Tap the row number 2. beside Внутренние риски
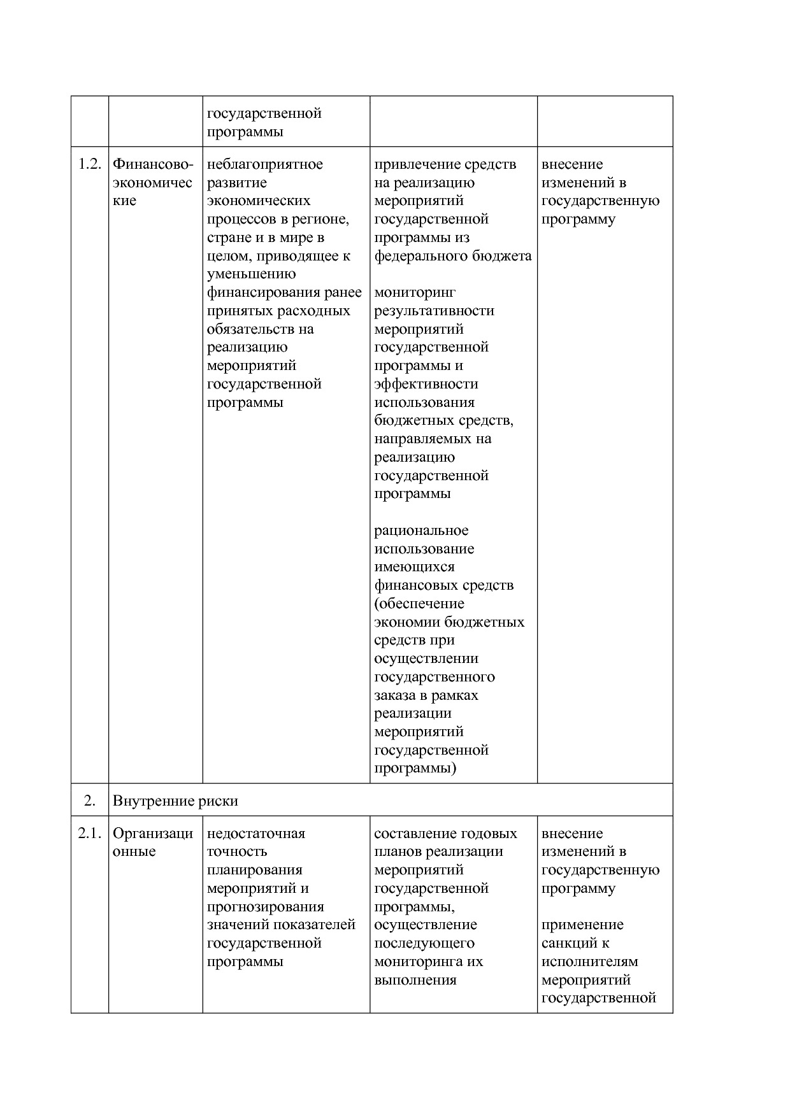point(90,800)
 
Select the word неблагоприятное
point(265,164)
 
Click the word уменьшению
point(252,274)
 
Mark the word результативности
point(434,311)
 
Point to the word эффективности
point(426,384)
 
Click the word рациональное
point(421,530)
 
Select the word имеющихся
point(415,567)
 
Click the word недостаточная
point(256,834)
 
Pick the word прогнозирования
point(266,907)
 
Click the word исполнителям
point(590,962)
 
